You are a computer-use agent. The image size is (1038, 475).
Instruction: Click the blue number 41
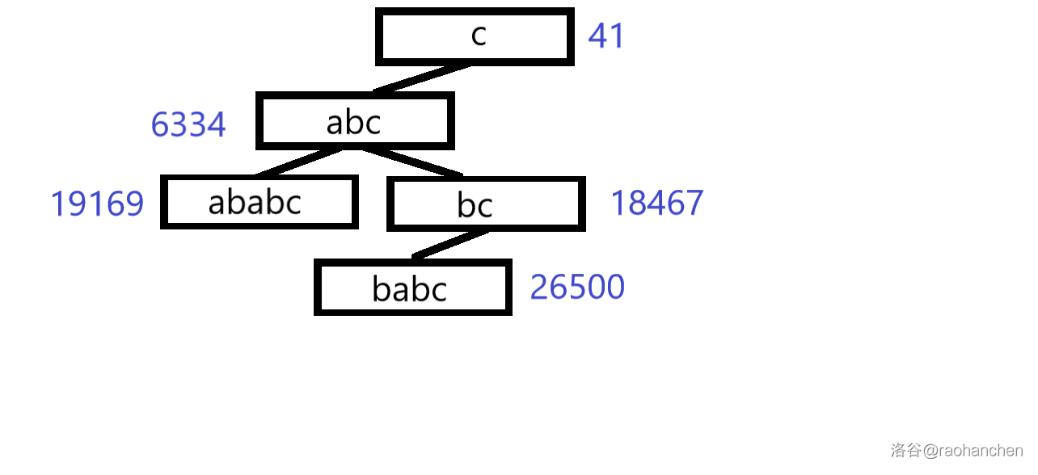(605, 36)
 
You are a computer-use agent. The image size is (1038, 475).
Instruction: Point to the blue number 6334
(188, 125)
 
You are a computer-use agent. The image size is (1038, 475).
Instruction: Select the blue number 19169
(97, 204)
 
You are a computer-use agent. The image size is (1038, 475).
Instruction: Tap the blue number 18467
(656, 203)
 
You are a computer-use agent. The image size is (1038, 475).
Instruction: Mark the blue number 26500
(577, 288)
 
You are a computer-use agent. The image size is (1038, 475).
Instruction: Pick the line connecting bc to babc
(449, 244)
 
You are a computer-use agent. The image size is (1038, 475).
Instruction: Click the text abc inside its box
(353, 123)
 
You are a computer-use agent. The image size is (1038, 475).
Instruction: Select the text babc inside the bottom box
(409, 289)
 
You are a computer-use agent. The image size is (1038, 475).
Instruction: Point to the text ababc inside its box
(255, 202)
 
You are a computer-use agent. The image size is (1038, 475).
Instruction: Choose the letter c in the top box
(479, 36)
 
